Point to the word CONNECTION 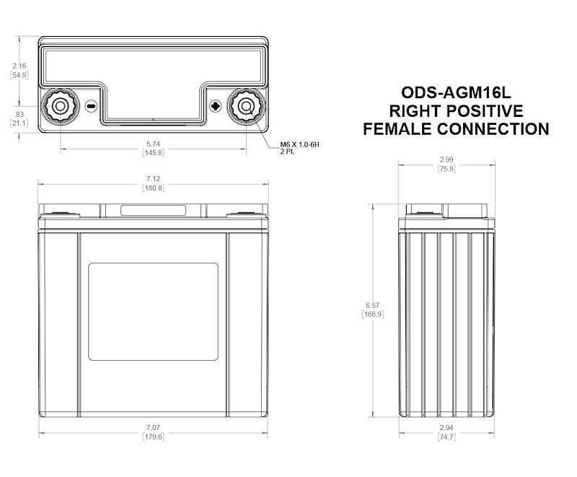495,129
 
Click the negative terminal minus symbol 91,106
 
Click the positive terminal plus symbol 215,106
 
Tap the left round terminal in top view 58,107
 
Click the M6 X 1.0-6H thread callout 300,145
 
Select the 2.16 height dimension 19,66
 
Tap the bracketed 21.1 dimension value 19,123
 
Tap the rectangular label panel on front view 153,312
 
